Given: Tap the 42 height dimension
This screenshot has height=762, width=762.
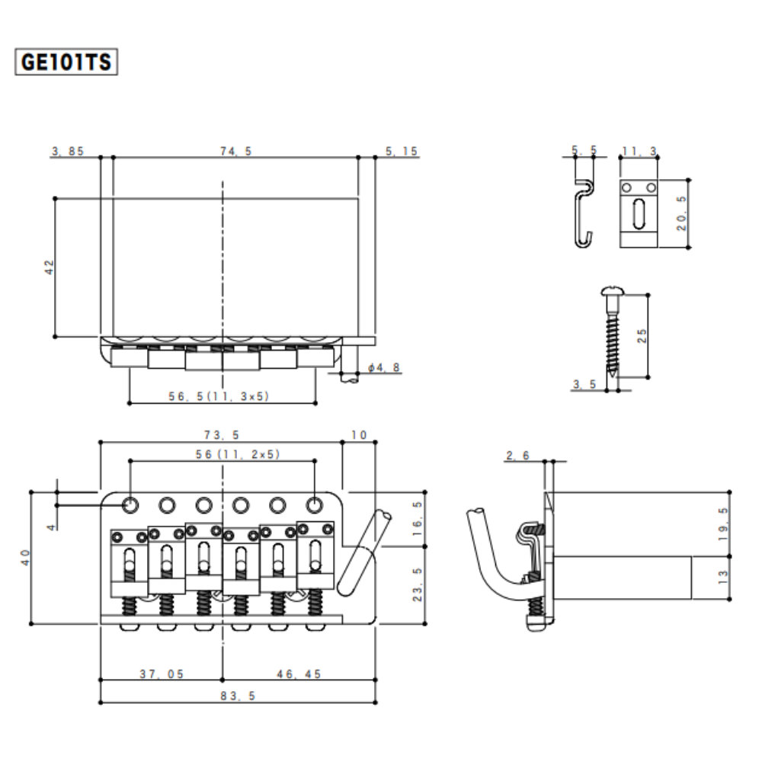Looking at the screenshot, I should click(50, 267).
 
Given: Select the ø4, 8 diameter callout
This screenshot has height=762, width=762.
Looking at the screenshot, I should click(383, 367).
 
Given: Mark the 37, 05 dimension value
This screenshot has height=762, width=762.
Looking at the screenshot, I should click(162, 674).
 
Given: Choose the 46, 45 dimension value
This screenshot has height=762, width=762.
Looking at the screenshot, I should click(299, 674).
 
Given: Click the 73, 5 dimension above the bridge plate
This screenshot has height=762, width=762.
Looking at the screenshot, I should click(221, 435).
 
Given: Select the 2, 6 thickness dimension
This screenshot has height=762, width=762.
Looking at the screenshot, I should click(517, 456).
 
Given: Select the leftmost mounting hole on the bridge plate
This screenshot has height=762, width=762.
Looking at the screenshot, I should click(130, 503).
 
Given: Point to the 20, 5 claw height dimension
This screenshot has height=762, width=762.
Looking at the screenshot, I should click(683, 213).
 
